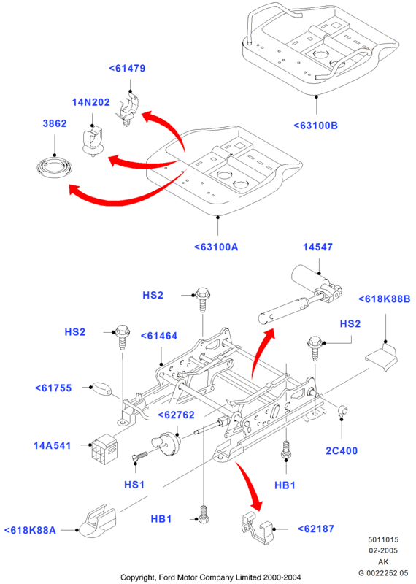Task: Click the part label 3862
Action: point(55,123)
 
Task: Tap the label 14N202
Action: point(91,102)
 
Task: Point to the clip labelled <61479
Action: point(128,109)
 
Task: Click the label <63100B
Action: point(316,126)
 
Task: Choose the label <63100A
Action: point(216,247)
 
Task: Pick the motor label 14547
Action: point(317,247)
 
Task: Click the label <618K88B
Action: point(385,299)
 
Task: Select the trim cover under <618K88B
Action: point(382,357)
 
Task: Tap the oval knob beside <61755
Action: point(101,389)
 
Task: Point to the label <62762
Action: point(176,415)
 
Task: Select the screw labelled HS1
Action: point(140,457)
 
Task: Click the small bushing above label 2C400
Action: point(342,411)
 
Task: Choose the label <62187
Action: point(316,529)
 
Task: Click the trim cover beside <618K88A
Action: point(96,522)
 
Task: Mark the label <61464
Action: point(159,336)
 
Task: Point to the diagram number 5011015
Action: point(383,539)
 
